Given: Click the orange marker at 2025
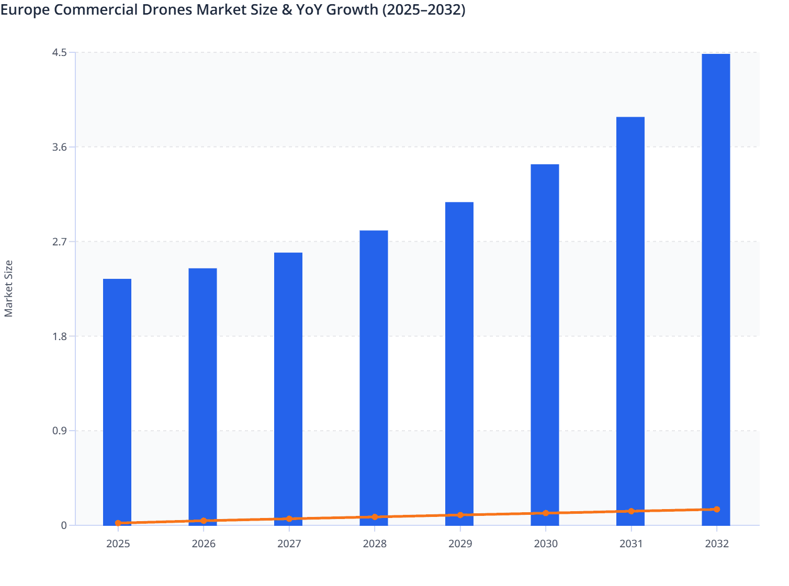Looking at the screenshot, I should pos(118,523).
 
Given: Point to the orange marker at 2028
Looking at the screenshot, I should pos(375,517).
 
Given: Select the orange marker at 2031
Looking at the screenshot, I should pos(631,511).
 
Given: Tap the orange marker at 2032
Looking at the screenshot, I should pos(717,509).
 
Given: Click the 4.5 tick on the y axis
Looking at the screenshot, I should pos(60,52).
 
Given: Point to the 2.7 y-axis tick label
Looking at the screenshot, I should pos(60,242).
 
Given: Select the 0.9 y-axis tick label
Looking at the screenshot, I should pos(60,431).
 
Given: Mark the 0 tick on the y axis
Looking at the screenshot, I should pos(64,525).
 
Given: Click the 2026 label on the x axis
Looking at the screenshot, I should pos(204,544).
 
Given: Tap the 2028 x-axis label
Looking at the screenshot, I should pos(375,544).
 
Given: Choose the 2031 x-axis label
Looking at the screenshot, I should pos(631,544).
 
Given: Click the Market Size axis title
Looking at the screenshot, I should pos(8,288).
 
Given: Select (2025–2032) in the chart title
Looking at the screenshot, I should pos(423,9).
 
